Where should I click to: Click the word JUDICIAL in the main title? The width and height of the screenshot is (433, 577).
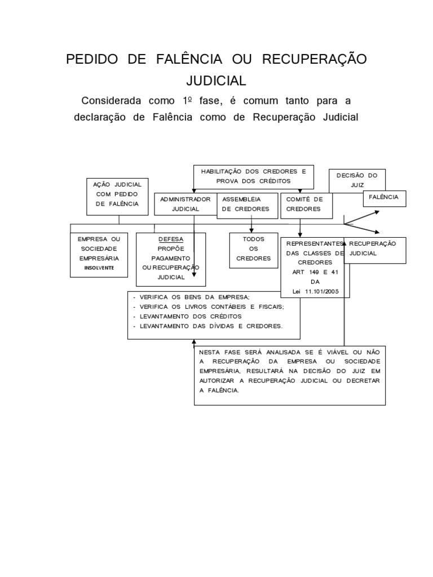click(216, 81)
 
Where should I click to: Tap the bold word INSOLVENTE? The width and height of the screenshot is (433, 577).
click(99, 268)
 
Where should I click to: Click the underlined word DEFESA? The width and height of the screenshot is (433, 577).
click(171, 239)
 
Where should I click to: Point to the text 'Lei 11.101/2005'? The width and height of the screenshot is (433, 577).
click(316, 291)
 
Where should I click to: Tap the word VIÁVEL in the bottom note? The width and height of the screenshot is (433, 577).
click(337, 352)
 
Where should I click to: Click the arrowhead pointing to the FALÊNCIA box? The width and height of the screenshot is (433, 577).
click(377, 212)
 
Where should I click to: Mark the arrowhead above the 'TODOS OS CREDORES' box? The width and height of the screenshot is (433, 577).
click(251, 230)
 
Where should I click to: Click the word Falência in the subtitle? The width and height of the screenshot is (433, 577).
click(173, 117)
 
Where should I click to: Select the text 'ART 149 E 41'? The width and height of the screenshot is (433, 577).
click(315, 272)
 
